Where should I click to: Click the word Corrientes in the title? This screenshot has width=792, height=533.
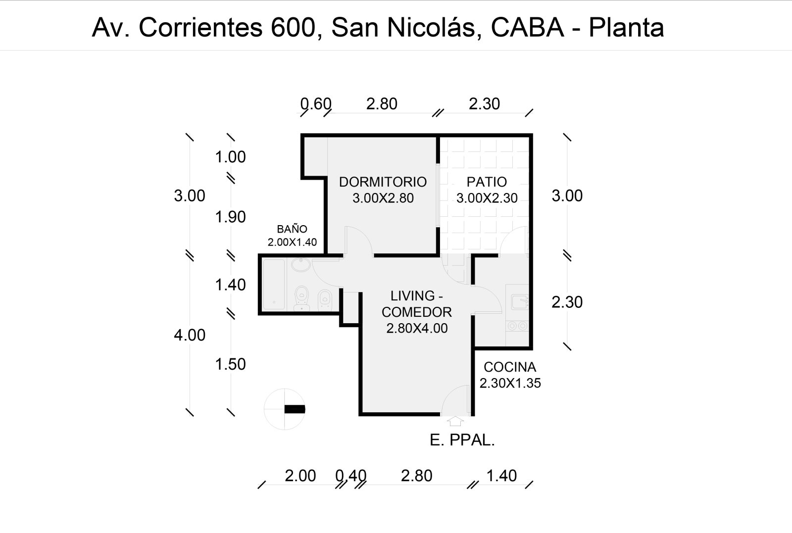coord(200,28)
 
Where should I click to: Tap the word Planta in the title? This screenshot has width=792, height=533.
coord(626,28)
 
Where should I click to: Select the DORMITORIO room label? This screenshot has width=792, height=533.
coord(383,182)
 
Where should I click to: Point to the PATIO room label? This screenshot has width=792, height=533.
coord(487,182)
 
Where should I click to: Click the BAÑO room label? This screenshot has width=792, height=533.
coord(292,229)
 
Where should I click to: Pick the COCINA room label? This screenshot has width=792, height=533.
coord(510,367)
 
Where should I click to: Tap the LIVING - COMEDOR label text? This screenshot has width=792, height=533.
coord(417,304)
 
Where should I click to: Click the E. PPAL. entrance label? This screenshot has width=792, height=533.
coord(462,440)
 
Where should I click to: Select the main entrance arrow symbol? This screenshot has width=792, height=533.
coord(455,421)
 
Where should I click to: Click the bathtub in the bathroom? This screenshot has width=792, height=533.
coord(274,285)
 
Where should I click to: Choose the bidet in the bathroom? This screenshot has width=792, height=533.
coord(325,299)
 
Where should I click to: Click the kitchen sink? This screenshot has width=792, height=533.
coord(519,301)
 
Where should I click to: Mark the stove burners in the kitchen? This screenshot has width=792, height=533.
coord(517,326)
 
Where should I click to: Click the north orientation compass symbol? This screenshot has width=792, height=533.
coord(286,409)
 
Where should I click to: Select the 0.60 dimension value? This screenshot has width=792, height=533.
coord(316,104)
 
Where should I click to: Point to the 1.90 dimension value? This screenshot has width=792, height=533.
coord(230,217)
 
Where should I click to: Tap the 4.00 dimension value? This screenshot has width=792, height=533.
coord(189,335)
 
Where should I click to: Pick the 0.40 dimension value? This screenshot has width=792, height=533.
coord(350,476)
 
